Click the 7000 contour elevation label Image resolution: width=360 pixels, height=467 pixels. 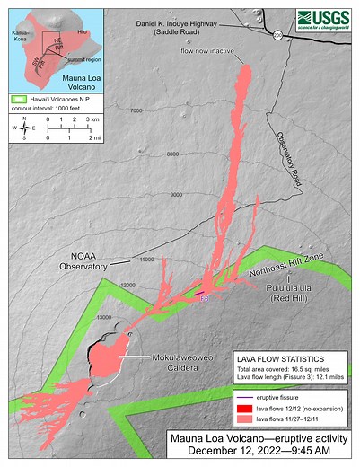[x=136, y=110]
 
